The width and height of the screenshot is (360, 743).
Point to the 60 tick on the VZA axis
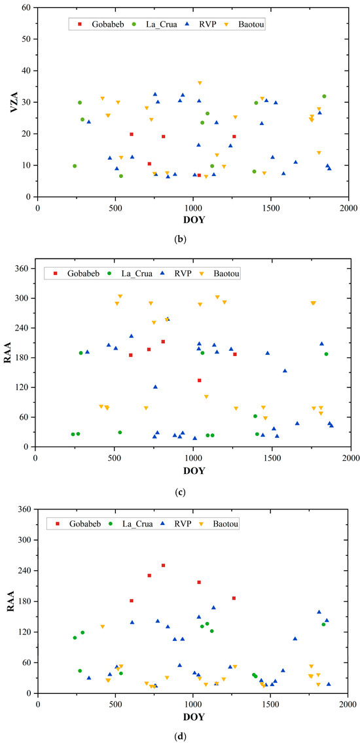click(28, 8)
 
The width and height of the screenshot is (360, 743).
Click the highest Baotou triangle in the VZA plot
click(200, 83)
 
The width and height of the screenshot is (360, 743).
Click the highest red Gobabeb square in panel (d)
click(163, 566)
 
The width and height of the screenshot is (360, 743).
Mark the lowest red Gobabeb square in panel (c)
click(199, 380)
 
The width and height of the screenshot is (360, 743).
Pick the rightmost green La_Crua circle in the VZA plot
click(324, 96)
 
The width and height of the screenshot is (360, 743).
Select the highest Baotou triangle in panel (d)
click(102, 626)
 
